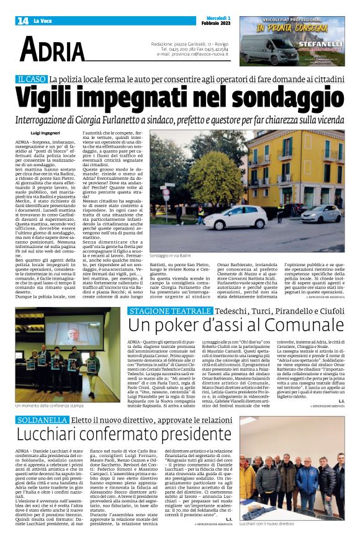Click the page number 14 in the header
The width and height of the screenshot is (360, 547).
point(22,20)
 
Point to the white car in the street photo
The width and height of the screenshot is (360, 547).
point(236,219)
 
